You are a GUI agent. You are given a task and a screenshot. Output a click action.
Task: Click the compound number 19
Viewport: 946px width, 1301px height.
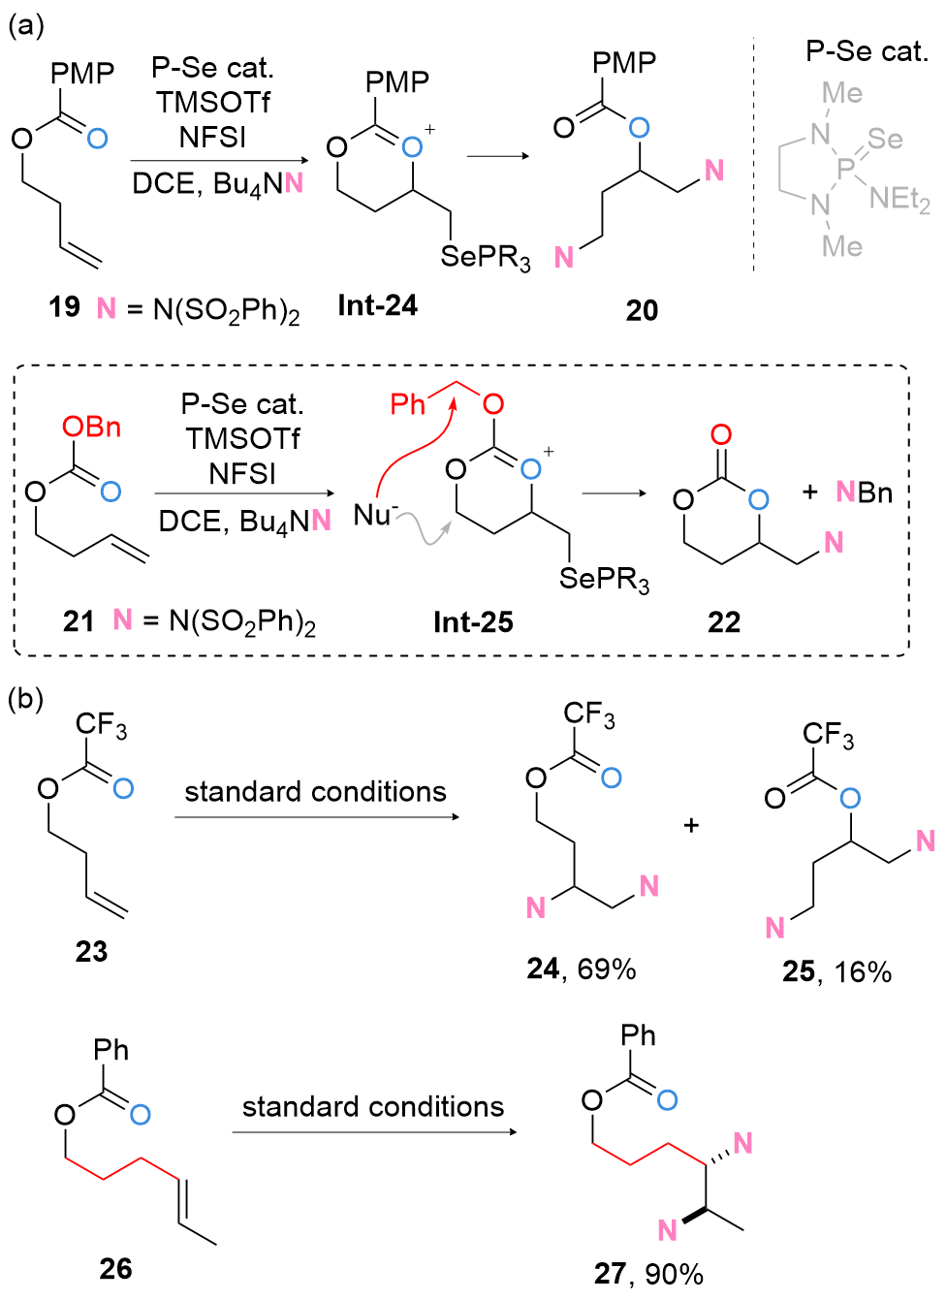[64, 306]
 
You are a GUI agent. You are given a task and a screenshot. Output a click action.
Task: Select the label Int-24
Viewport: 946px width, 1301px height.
[377, 305]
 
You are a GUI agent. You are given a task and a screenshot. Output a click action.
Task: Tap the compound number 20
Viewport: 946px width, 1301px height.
[642, 310]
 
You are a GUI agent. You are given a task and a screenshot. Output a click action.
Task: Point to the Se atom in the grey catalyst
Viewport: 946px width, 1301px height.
[885, 139]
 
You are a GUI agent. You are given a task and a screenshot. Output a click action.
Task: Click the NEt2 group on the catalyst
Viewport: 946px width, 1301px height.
[899, 201]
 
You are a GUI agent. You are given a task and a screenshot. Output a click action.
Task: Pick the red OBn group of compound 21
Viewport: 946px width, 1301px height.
[92, 428]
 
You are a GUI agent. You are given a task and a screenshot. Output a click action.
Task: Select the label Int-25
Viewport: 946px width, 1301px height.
[473, 622]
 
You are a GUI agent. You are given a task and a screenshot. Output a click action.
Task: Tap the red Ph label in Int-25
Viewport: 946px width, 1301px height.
[407, 404]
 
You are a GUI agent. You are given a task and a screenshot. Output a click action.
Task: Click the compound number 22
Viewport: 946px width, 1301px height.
[724, 622]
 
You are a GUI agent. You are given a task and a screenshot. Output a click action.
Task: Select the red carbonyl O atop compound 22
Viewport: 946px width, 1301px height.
[721, 434]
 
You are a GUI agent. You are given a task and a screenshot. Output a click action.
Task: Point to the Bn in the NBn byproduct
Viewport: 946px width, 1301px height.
[875, 492]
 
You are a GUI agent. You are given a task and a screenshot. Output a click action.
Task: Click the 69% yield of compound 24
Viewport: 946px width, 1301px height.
[607, 968]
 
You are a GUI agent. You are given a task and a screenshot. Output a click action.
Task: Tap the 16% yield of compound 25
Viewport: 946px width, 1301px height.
[863, 971]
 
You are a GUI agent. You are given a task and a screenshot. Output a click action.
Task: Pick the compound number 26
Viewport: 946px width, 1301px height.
[115, 1269]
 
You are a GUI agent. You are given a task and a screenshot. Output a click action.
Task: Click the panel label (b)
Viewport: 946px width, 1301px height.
[25, 699]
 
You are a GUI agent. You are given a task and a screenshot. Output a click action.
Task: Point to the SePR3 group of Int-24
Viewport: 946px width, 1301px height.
[486, 257]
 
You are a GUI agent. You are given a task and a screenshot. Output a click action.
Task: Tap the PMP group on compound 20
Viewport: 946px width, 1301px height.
[624, 62]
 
